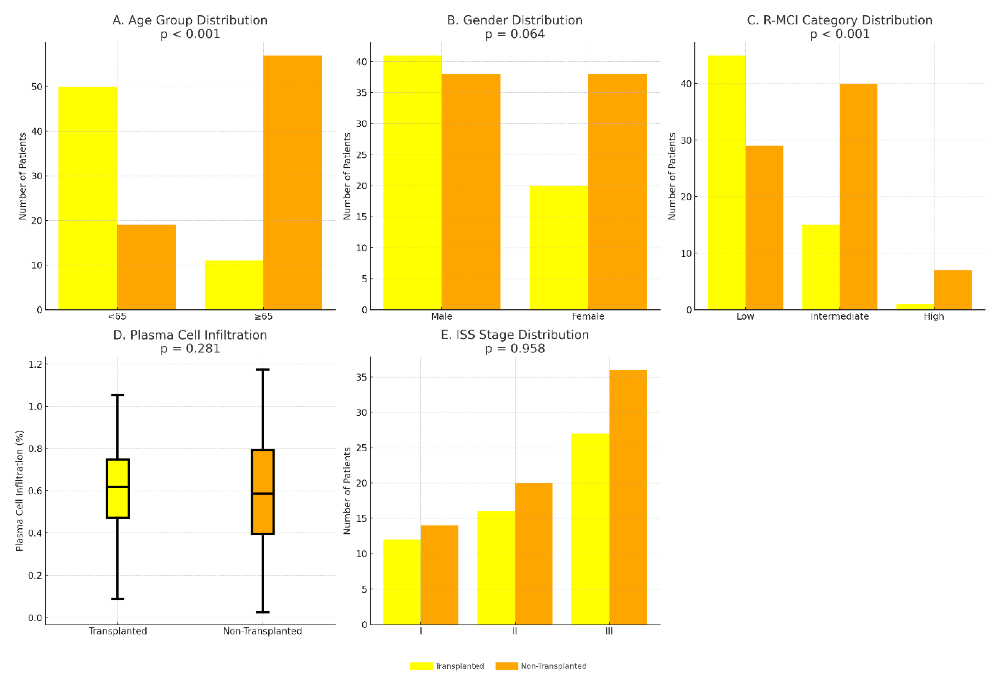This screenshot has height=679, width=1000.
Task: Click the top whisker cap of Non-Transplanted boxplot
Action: coord(263,369)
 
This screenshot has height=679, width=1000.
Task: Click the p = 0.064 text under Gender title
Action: coord(514,34)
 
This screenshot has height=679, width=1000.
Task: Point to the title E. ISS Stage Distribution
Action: coord(514,334)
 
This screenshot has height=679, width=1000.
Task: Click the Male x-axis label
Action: coord(441,316)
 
